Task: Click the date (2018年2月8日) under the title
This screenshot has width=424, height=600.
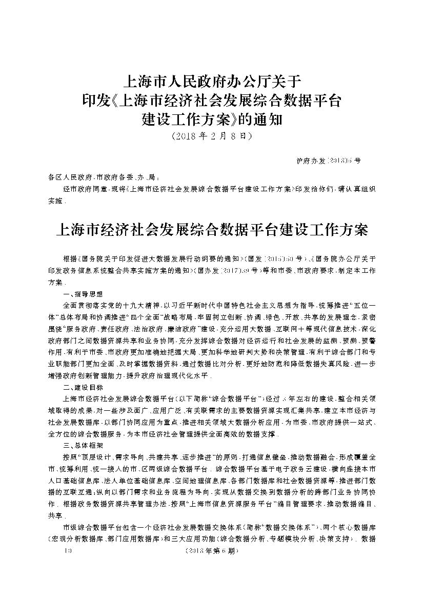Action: (212, 136)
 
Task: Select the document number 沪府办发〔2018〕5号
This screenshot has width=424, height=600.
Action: (328, 161)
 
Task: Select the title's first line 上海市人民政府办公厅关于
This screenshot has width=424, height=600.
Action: (212, 81)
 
